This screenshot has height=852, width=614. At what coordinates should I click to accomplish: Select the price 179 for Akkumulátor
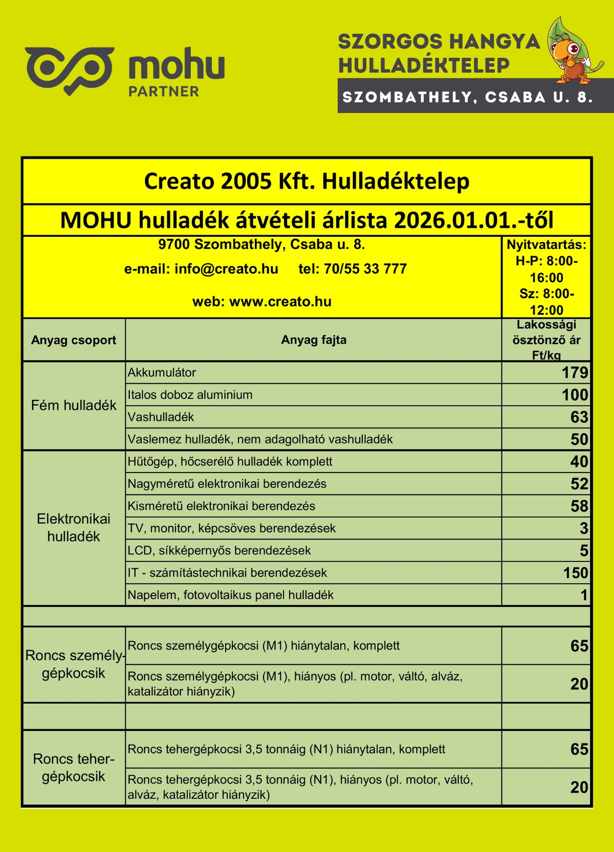pyautogui.click(x=575, y=373)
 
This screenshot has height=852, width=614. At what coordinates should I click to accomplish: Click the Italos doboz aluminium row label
pyautogui.click(x=190, y=395)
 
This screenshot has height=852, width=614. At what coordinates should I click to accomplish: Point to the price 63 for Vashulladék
pyautogui.click(x=579, y=417)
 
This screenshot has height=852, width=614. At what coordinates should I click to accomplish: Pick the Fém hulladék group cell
pyautogui.click(x=74, y=406)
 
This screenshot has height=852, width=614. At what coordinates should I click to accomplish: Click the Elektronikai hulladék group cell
pyautogui.click(x=74, y=528)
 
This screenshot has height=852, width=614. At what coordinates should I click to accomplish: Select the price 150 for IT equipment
pyautogui.click(x=575, y=573)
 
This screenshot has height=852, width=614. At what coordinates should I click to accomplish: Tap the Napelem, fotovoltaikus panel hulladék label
pyautogui.click(x=230, y=595)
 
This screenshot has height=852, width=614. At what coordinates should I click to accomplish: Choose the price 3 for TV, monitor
pyautogui.click(x=583, y=528)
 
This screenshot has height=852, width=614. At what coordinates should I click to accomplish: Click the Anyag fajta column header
pyautogui.click(x=314, y=340)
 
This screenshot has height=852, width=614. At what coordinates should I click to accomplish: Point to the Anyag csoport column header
pyautogui.click(x=74, y=340)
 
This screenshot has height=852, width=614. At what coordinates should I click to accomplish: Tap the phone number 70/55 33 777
pyautogui.click(x=365, y=269)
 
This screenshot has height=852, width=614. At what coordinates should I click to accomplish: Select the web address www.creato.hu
pyautogui.click(x=280, y=302)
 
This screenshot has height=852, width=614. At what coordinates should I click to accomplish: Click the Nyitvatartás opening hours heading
pyautogui.click(x=546, y=245)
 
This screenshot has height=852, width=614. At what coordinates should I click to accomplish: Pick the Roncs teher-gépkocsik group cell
pyautogui.click(x=74, y=768)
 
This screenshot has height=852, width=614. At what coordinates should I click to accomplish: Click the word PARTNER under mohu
pyautogui.click(x=164, y=92)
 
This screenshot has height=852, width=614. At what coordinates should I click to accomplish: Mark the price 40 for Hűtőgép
pyautogui.click(x=579, y=462)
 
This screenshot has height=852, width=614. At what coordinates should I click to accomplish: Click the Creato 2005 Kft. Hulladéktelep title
pyautogui.click(x=306, y=182)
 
